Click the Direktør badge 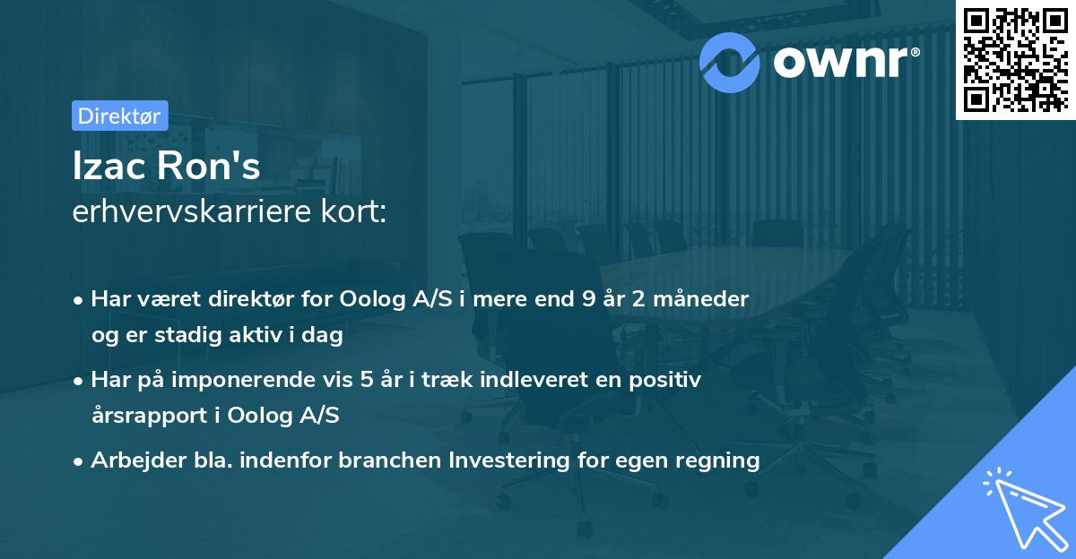click(x=118, y=116)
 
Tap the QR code click(x=1015, y=60)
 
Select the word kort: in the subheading click(x=357, y=213)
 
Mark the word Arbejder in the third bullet click(x=130, y=460)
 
